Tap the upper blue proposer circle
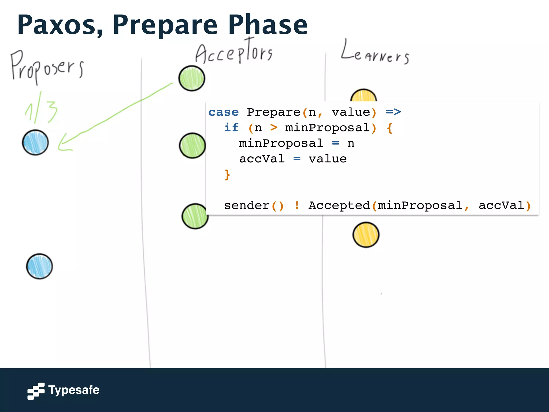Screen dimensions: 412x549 point(35,142)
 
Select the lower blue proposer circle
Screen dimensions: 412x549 point(39,266)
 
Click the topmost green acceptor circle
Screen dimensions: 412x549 point(192,78)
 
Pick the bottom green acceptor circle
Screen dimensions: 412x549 point(195,216)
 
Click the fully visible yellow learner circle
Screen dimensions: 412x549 point(366,235)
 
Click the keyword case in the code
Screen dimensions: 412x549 point(223,112)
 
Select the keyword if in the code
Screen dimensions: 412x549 point(231,128)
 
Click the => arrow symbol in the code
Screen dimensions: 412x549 point(393,112)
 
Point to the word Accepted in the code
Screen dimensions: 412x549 point(339,205)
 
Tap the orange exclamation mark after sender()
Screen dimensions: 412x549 point(297,205)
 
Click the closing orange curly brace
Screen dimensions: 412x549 point(227,175)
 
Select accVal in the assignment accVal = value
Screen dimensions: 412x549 point(262,159)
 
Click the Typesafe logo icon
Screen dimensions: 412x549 point(36,391)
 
